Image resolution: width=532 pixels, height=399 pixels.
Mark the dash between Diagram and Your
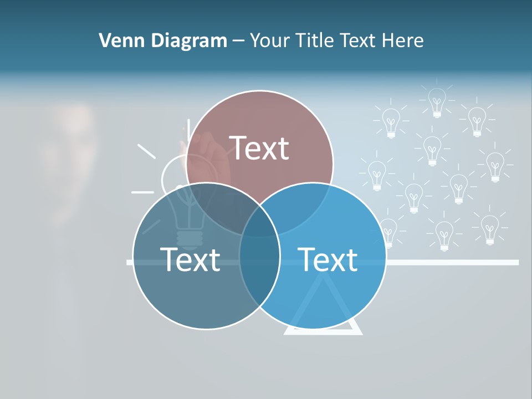(239, 41)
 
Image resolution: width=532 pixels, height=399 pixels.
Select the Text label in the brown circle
(259, 148)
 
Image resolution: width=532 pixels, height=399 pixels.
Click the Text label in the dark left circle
(190, 259)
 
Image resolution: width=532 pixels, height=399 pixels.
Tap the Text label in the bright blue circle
(328, 259)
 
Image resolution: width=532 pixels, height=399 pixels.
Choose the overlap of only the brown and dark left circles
(219, 205)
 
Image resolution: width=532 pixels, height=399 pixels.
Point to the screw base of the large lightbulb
(190, 238)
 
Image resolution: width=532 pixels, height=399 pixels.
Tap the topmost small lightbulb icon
(437, 101)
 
